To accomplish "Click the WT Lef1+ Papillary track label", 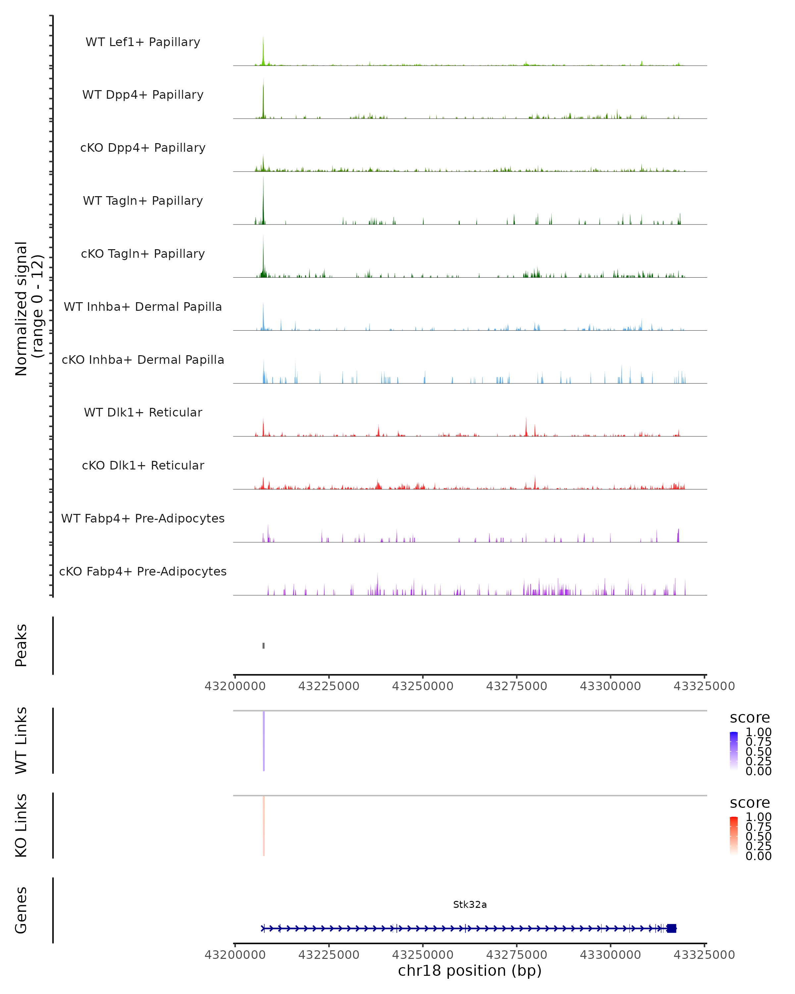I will click(x=143, y=42).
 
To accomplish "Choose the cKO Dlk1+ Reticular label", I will click(x=143, y=465).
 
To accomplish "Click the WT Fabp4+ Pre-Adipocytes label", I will click(x=143, y=518).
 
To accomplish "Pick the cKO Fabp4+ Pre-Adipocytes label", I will click(x=143, y=571).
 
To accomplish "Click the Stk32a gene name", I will click(x=470, y=905).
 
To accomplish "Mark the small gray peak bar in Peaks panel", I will click(x=264, y=645).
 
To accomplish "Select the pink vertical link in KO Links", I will click(x=264, y=826).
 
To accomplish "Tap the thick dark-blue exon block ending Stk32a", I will click(x=671, y=928).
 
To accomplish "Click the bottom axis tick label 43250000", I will click(x=423, y=955).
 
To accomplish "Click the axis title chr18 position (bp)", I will click(x=470, y=971).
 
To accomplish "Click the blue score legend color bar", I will click(x=734, y=750).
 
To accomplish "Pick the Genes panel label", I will click(x=21, y=910).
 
